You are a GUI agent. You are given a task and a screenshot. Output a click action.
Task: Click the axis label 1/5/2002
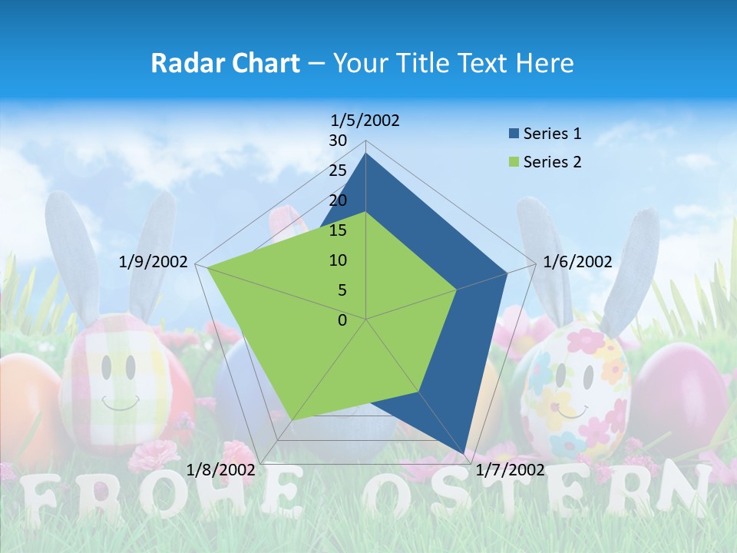[x=365, y=120]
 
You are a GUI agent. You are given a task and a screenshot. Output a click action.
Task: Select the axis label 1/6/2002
[x=577, y=262]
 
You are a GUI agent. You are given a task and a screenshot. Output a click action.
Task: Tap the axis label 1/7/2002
[x=511, y=469]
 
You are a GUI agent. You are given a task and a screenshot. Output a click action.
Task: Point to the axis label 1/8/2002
[x=221, y=469]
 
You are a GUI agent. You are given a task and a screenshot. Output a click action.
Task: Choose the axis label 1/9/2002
[x=154, y=262]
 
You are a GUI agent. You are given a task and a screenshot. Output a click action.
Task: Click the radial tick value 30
[x=338, y=141]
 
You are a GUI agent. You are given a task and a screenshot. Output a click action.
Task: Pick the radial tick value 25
[x=338, y=171]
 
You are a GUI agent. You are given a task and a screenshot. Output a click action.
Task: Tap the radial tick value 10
[x=338, y=260]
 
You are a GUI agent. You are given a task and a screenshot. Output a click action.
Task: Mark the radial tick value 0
[x=342, y=320]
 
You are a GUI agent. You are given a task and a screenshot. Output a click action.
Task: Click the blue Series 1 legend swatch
[x=514, y=134]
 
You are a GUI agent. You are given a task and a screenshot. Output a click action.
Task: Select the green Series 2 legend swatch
[x=514, y=162]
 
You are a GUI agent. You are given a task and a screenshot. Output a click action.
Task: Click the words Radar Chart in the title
[x=225, y=63]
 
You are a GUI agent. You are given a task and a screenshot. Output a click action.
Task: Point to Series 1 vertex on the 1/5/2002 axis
[x=366, y=154]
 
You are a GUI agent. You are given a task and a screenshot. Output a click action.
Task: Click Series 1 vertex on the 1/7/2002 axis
[x=464, y=455]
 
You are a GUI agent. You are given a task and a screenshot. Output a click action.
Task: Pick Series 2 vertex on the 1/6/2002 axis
[x=457, y=290]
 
